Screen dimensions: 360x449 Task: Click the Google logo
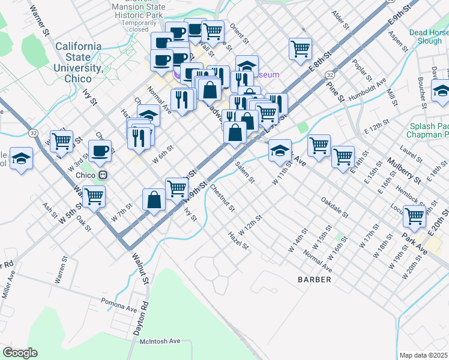point(20,353)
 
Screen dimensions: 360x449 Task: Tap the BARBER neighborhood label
point(314,280)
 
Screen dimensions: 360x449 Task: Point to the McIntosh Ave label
point(160,341)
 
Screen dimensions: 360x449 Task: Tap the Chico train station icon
point(103,175)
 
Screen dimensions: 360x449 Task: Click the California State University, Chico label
point(79,62)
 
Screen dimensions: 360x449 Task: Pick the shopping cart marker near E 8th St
point(300,49)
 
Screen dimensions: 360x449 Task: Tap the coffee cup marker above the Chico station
point(100,151)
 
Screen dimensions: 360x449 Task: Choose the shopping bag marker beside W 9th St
point(154,199)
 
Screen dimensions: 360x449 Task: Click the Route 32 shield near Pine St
point(330,73)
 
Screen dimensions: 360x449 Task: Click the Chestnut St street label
point(222,197)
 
